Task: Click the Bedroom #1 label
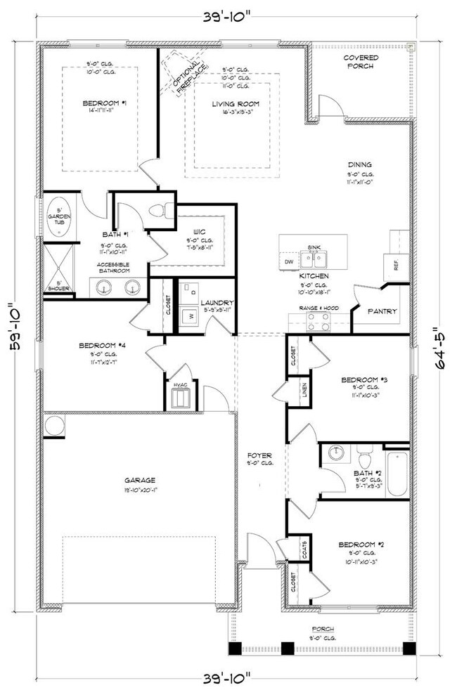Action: coord(104,104)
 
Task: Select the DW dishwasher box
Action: coord(288,261)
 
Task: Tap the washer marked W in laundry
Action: coord(189,317)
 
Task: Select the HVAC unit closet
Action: coord(181,398)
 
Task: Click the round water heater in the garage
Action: coord(53,426)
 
